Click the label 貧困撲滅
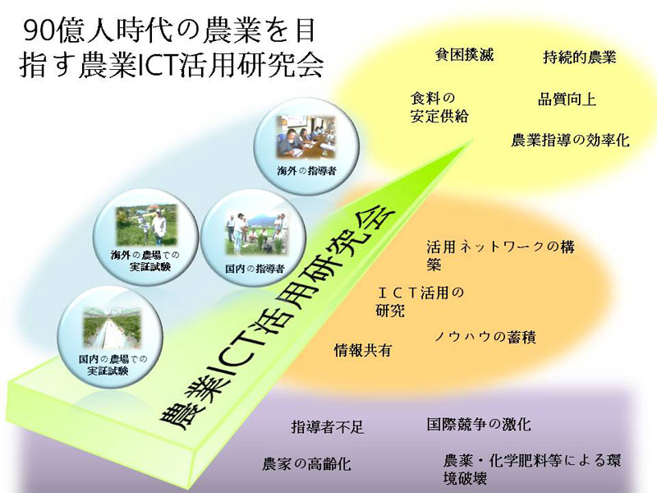click(x=464, y=55)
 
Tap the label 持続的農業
click(x=580, y=57)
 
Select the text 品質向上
click(x=567, y=99)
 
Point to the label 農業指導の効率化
click(x=570, y=140)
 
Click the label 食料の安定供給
click(x=439, y=108)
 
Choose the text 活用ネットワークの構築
click(x=500, y=255)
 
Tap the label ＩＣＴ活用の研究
click(x=420, y=302)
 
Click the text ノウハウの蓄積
click(x=485, y=337)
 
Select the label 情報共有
click(x=362, y=350)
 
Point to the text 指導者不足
click(x=328, y=427)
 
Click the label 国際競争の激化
click(x=479, y=424)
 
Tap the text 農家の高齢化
click(x=306, y=464)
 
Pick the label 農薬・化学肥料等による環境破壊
click(x=531, y=469)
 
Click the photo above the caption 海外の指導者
click(x=306, y=138)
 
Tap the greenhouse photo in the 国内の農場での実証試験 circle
click(x=113, y=328)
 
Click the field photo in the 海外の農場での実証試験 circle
click(x=147, y=226)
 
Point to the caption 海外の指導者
click(x=306, y=171)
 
